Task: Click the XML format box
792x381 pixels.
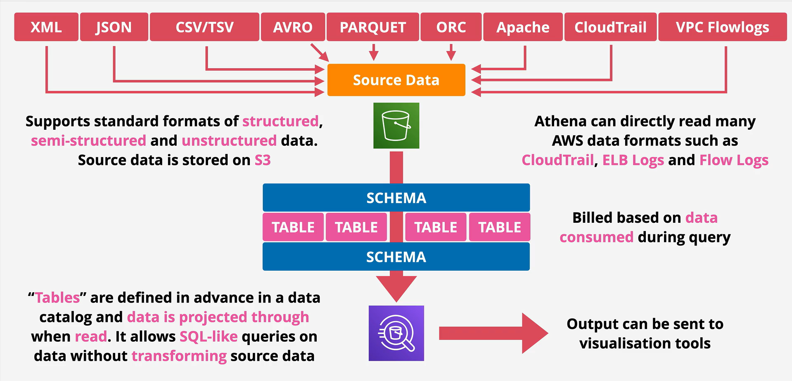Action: click(46, 27)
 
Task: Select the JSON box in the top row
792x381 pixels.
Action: click(114, 27)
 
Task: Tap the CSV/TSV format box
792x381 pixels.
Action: click(204, 27)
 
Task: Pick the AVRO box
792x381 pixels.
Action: click(293, 27)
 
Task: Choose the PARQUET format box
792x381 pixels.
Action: click(373, 27)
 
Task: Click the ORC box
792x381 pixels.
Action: click(451, 27)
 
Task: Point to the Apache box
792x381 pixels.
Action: click(523, 27)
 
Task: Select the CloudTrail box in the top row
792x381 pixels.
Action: click(610, 27)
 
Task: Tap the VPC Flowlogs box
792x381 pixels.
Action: click(722, 27)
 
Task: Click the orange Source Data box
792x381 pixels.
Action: click(396, 80)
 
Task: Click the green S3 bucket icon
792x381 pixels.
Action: click(396, 126)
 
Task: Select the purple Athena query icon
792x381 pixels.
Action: click(396, 333)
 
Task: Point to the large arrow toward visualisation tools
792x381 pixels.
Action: click(493, 333)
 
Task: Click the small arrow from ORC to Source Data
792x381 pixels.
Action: click(451, 52)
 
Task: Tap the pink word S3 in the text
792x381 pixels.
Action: click(263, 160)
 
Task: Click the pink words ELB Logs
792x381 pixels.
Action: click(633, 160)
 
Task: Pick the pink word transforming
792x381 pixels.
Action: click(179, 356)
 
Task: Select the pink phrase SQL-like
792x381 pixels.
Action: click(209, 336)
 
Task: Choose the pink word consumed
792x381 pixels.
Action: click(596, 237)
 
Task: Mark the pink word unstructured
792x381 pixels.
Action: click(229, 140)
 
